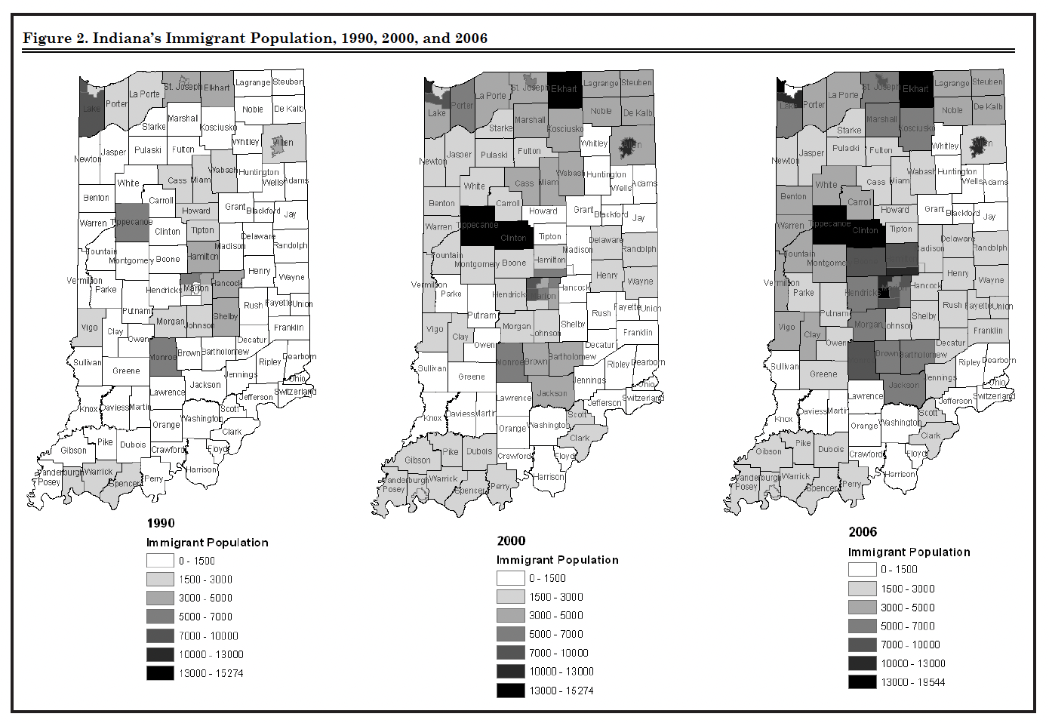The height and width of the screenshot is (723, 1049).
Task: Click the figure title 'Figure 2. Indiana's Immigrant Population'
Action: (x=255, y=38)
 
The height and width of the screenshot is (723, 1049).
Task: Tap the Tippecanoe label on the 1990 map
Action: (x=132, y=222)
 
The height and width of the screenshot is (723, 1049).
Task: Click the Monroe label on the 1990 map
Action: (x=162, y=357)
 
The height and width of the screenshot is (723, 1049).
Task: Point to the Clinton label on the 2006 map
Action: (x=865, y=230)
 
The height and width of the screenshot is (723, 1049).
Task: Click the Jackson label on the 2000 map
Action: (x=552, y=393)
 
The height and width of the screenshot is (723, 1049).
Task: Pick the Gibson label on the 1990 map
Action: (x=73, y=451)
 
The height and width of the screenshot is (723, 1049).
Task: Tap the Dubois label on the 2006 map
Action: (x=831, y=449)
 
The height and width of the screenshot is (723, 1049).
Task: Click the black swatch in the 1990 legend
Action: (x=160, y=673)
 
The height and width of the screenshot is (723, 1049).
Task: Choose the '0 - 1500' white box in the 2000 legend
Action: (x=510, y=578)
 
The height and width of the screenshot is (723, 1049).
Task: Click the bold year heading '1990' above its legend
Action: (x=161, y=523)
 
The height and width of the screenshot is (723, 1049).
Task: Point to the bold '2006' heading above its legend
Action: (x=863, y=532)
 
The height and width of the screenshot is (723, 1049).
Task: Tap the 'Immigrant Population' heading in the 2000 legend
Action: (x=557, y=559)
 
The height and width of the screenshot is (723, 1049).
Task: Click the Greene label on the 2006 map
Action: (x=823, y=374)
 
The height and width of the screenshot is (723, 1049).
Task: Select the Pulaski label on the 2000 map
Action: (x=494, y=155)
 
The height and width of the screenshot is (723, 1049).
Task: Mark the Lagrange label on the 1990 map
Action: (x=252, y=82)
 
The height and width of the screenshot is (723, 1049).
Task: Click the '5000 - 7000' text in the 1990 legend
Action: (x=205, y=617)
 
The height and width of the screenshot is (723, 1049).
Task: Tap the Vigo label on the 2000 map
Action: (x=435, y=329)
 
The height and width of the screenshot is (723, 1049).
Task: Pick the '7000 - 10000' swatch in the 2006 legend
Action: (x=862, y=645)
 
